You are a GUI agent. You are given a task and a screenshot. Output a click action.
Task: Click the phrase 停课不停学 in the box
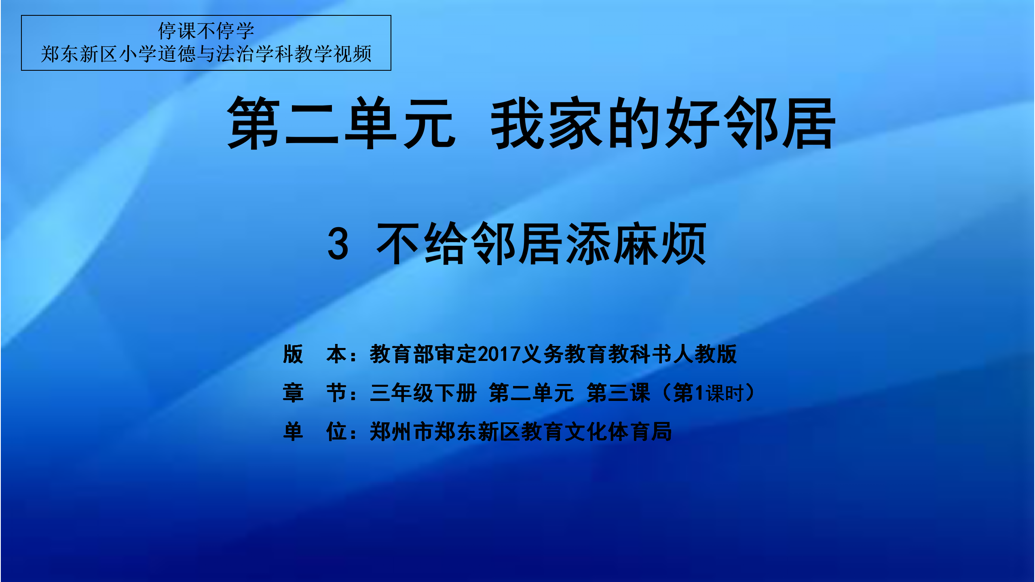(x=206, y=31)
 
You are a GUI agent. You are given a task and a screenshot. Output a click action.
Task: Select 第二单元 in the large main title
(x=342, y=123)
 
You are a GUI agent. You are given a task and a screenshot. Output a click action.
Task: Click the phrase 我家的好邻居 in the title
(x=663, y=123)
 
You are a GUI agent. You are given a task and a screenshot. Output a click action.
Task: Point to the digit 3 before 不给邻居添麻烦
(x=338, y=244)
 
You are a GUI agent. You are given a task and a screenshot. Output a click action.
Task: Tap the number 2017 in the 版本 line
(x=499, y=354)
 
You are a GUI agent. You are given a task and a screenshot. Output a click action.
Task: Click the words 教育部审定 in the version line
(x=423, y=354)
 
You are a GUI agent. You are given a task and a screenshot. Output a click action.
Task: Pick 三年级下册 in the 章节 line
(x=423, y=393)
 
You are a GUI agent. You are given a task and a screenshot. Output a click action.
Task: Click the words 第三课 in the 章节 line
(x=619, y=393)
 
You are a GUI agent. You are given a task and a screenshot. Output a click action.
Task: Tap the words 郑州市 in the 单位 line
(x=402, y=431)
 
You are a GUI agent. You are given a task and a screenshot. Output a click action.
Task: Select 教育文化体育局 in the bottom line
(x=596, y=431)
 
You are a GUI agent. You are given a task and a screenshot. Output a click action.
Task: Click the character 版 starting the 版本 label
(x=293, y=354)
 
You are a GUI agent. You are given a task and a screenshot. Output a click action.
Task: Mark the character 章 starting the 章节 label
(x=293, y=393)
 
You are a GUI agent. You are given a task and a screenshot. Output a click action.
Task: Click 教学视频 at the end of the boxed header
(x=333, y=54)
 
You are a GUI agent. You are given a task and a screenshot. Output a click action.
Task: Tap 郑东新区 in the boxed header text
(x=79, y=54)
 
